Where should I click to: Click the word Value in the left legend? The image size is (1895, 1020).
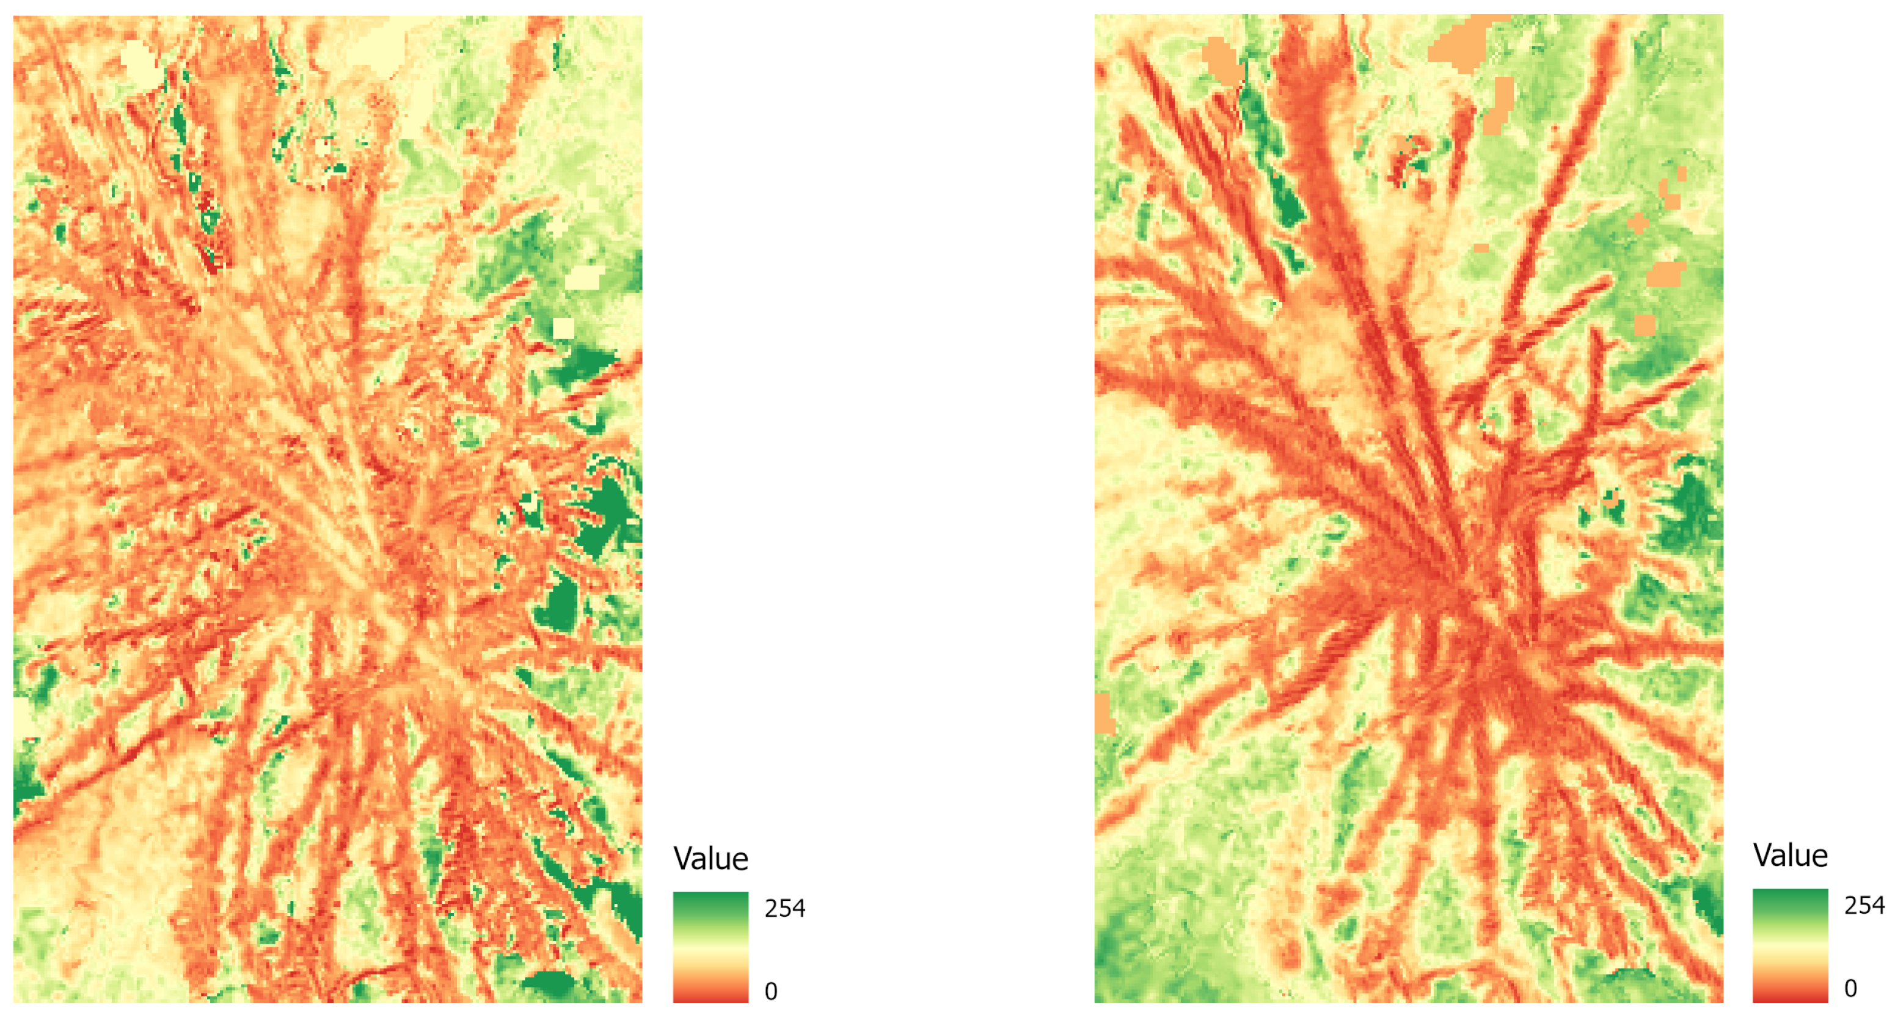(710, 859)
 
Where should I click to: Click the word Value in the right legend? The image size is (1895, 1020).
(1790, 855)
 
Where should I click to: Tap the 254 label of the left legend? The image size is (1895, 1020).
(784, 908)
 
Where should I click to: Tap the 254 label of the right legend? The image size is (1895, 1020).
(1864, 905)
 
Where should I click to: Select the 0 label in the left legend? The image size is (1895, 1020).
(770, 992)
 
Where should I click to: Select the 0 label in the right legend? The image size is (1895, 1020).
(1850, 988)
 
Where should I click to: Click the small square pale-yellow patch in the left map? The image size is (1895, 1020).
(563, 328)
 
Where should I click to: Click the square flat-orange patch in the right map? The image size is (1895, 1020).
(1645, 325)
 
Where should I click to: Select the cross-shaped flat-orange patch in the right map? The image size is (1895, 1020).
(1638, 223)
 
